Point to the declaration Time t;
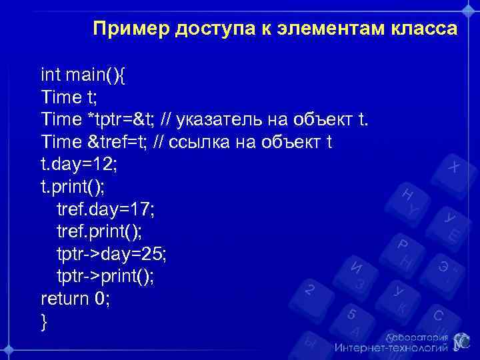tap(69, 97)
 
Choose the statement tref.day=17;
tap(105, 209)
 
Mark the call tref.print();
tap(99, 231)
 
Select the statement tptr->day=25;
tap(111, 254)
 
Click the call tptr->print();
tap(105, 276)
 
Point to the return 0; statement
tap(75, 299)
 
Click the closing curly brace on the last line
tap(44, 321)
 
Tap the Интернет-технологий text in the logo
tap(391, 348)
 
